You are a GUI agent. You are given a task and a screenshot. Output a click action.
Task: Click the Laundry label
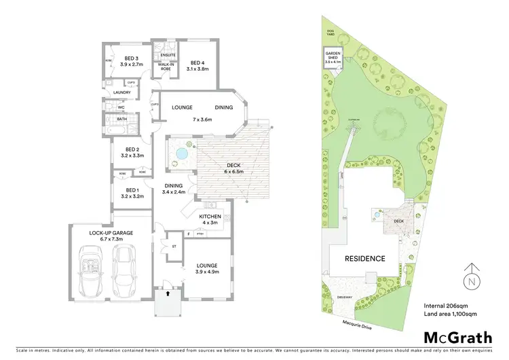click(121, 92)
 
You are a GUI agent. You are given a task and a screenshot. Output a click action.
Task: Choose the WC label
click(120, 107)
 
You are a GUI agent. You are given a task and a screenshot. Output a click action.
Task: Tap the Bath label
click(121, 120)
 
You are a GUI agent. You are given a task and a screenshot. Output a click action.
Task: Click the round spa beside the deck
click(181, 154)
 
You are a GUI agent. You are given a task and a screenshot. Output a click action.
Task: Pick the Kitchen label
click(210, 219)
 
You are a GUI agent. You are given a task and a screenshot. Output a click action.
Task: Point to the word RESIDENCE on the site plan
click(364, 258)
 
